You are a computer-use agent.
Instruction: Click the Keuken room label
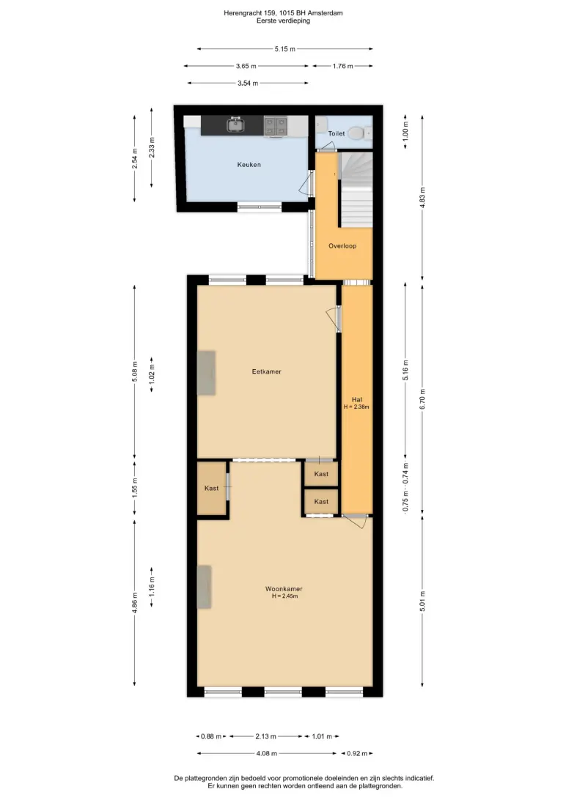tap(249, 165)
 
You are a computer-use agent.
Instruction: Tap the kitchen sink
tap(235, 125)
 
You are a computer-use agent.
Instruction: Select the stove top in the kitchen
tap(275, 126)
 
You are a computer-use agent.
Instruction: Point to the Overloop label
tap(342, 246)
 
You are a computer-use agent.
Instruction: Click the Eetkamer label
tap(266, 371)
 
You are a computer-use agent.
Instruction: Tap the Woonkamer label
tap(284, 589)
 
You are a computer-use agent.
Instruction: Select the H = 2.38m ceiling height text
tap(356, 407)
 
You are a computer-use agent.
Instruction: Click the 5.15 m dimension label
tap(284, 49)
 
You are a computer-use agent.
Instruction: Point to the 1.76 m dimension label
tap(342, 66)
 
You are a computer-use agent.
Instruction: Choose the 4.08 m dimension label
tap(266, 753)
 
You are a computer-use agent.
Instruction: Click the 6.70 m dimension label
tap(422, 399)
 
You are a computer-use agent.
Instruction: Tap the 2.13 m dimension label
tap(266, 736)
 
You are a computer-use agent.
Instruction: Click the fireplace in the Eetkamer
tap(206, 373)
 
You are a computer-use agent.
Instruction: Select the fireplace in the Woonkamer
tap(204, 587)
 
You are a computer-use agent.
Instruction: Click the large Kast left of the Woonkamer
tap(212, 488)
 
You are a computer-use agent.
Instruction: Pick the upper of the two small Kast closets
tap(321, 474)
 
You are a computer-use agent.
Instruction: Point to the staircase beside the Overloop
tap(356, 190)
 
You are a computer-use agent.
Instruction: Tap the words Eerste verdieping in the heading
tap(283, 21)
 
